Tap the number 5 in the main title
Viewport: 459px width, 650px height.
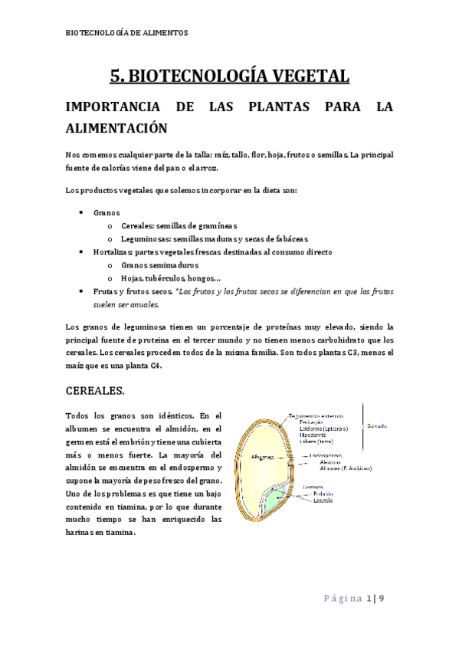pyautogui.click(x=116, y=77)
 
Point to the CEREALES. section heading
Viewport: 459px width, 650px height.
pyautogui.click(x=96, y=391)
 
